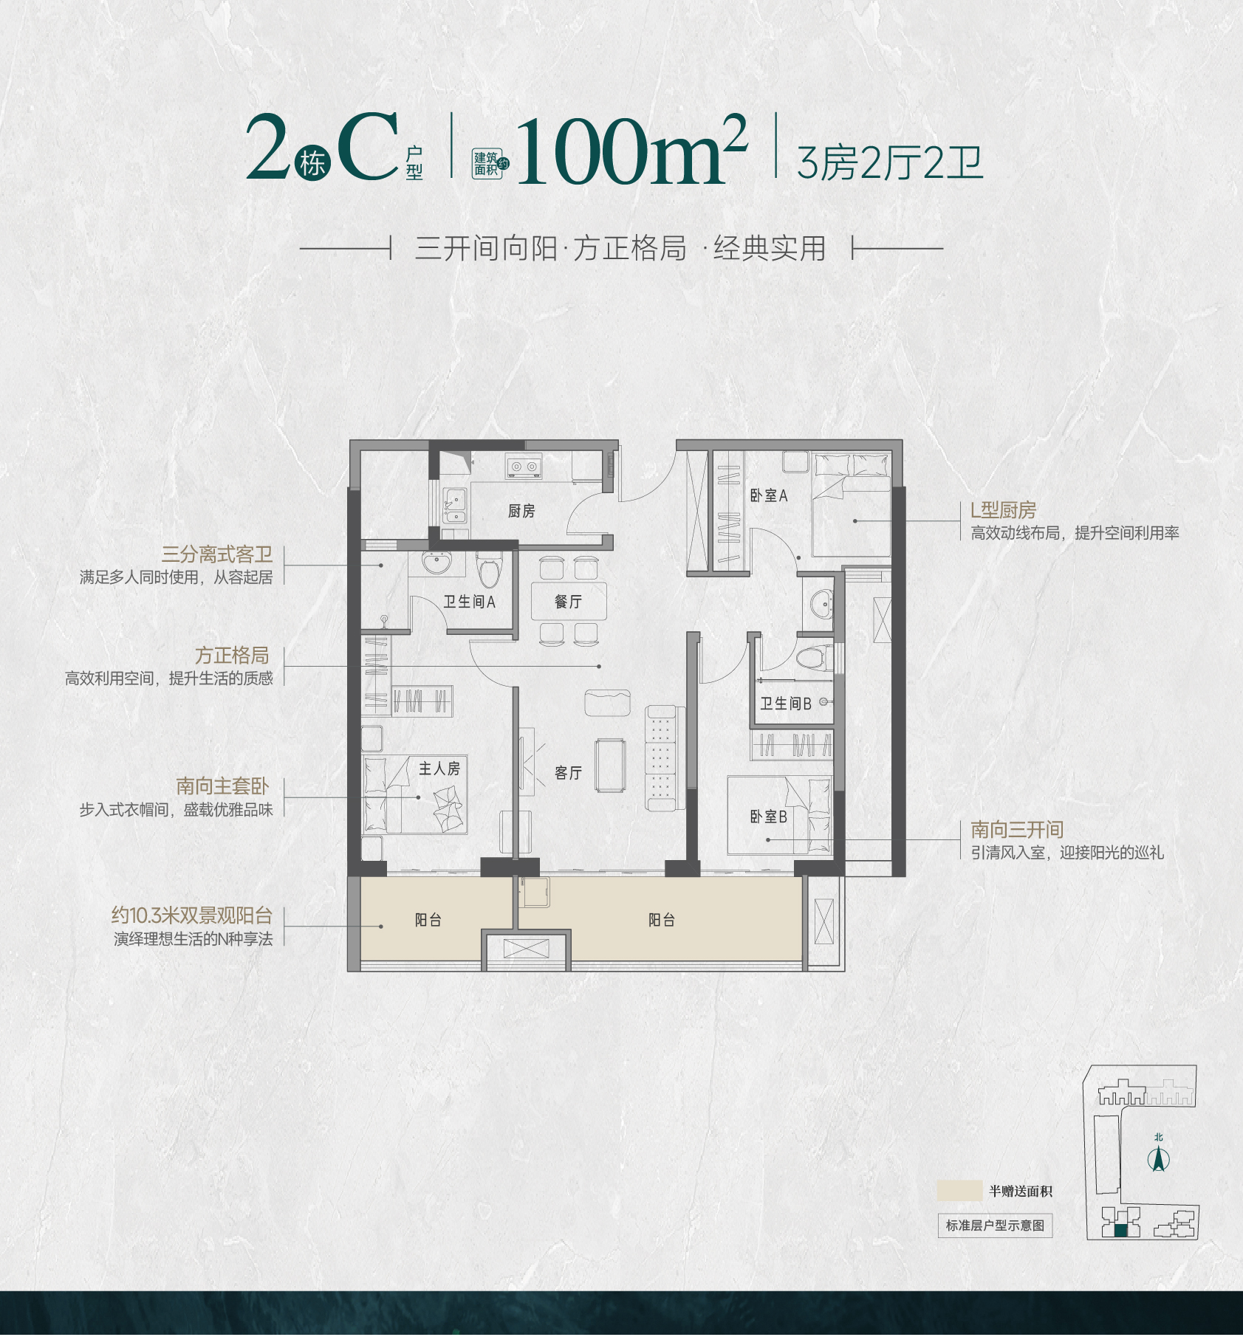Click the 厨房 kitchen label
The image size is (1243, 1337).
521,511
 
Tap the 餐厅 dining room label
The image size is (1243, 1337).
568,602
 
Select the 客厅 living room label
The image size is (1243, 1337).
568,773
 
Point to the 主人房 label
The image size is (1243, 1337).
439,769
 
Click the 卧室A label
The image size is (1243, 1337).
769,495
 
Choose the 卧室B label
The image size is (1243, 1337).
769,817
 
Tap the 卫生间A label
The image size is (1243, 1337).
469,602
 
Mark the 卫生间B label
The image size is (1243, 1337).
786,704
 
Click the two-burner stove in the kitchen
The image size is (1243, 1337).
524,467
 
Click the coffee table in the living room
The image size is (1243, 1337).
611,766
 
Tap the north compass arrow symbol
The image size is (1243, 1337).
1158,1160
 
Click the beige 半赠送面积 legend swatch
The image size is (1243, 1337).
959,1191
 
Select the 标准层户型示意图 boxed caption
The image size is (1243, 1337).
995,1226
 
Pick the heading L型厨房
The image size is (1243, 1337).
1003,510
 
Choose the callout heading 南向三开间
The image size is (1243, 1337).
1017,830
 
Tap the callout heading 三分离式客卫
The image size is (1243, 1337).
217,554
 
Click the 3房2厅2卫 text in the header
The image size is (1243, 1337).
890,163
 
